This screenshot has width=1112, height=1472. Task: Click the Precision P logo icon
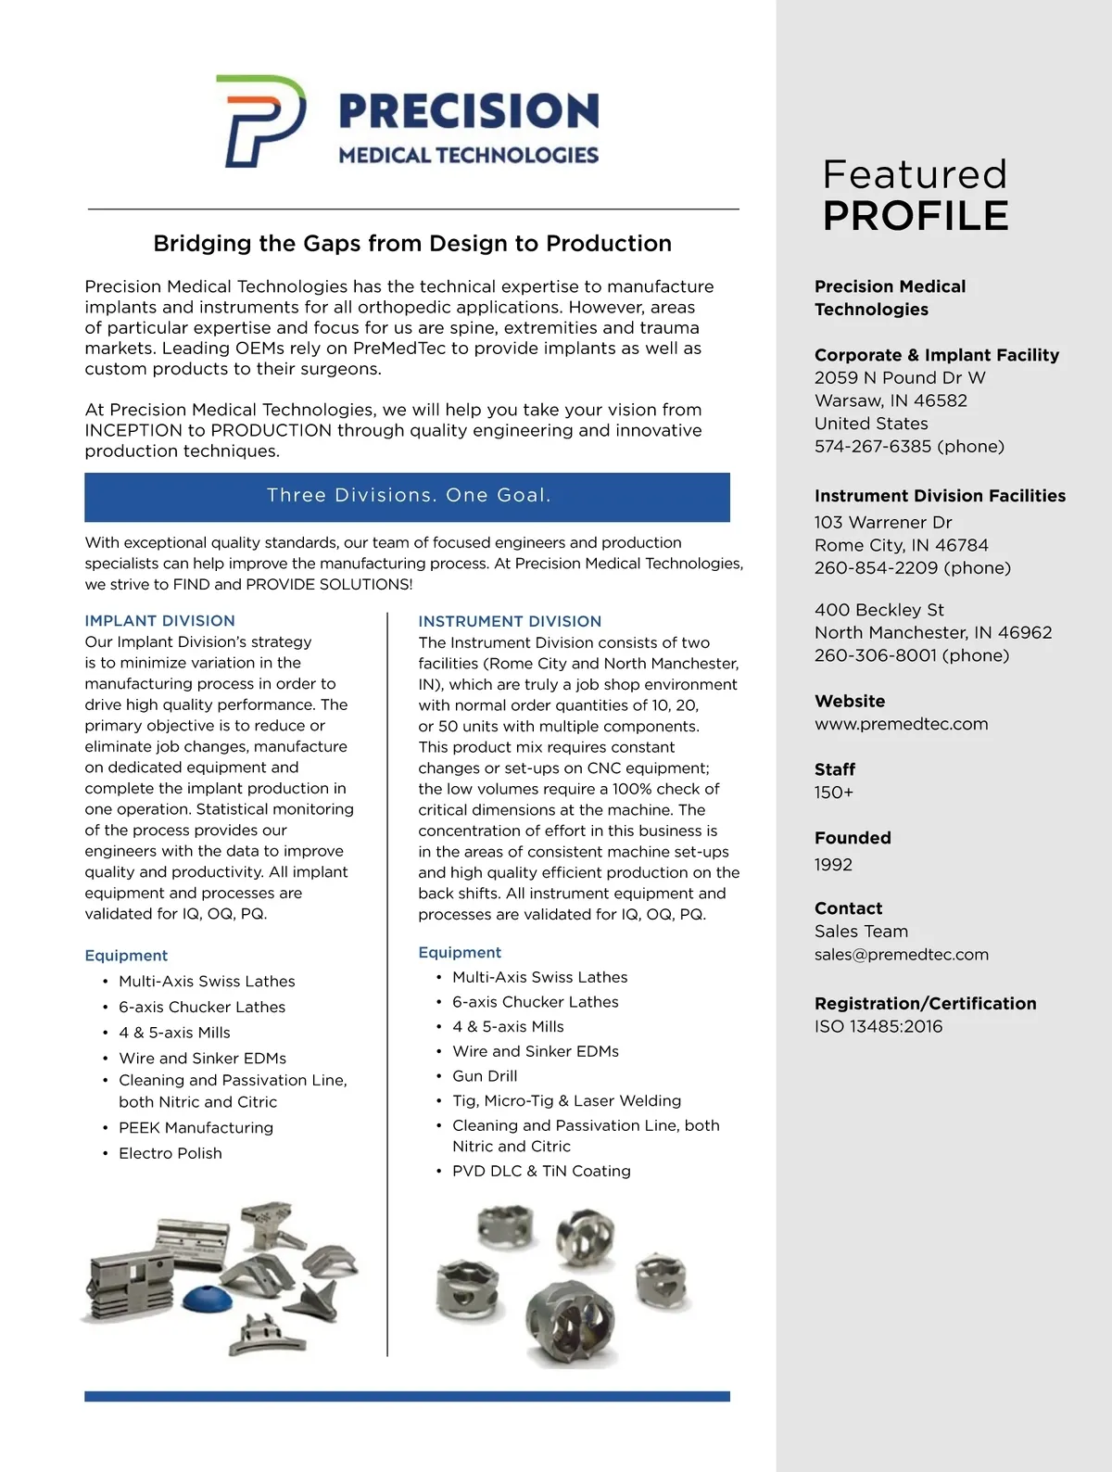(x=260, y=121)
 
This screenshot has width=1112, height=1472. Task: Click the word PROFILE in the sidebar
(x=916, y=216)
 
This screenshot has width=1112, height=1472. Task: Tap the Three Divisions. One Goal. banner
(x=408, y=496)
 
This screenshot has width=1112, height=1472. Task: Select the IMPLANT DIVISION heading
(x=159, y=621)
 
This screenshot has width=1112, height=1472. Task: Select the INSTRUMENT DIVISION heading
(x=510, y=622)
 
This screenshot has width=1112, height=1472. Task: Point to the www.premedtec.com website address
(x=901, y=724)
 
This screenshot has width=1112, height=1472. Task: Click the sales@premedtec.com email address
(x=901, y=955)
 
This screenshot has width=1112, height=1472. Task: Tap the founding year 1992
(x=833, y=865)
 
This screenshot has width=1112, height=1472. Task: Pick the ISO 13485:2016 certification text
(x=878, y=1027)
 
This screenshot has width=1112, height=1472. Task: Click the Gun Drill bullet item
(x=485, y=1076)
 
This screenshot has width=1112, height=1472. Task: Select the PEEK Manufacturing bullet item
(x=196, y=1128)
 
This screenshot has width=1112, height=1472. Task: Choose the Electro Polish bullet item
(x=171, y=1154)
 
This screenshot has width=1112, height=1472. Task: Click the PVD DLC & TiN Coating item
(x=541, y=1172)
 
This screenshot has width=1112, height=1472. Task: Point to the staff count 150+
(x=834, y=793)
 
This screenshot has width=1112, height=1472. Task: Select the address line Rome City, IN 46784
(x=901, y=545)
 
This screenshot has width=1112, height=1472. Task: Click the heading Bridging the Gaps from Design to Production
(x=412, y=244)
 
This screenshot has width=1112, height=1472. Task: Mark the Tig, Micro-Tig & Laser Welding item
(x=566, y=1101)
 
